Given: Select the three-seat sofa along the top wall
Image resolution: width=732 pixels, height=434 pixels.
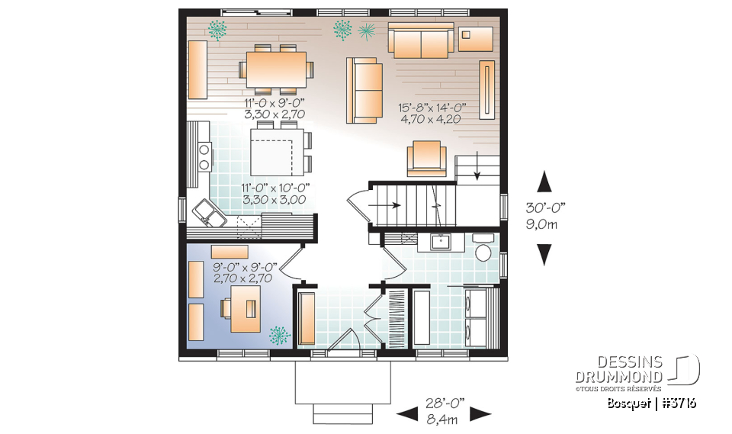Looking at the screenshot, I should [x=422, y=40].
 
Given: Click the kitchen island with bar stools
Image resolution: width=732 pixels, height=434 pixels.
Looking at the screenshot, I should [x=277, y=151].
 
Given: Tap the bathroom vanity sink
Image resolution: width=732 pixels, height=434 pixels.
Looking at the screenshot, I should [x=440, y=242].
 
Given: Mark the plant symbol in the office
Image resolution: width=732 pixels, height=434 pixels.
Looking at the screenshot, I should [x=280, y=334].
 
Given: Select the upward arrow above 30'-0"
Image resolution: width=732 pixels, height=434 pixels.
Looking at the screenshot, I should [x=544, y=182].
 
